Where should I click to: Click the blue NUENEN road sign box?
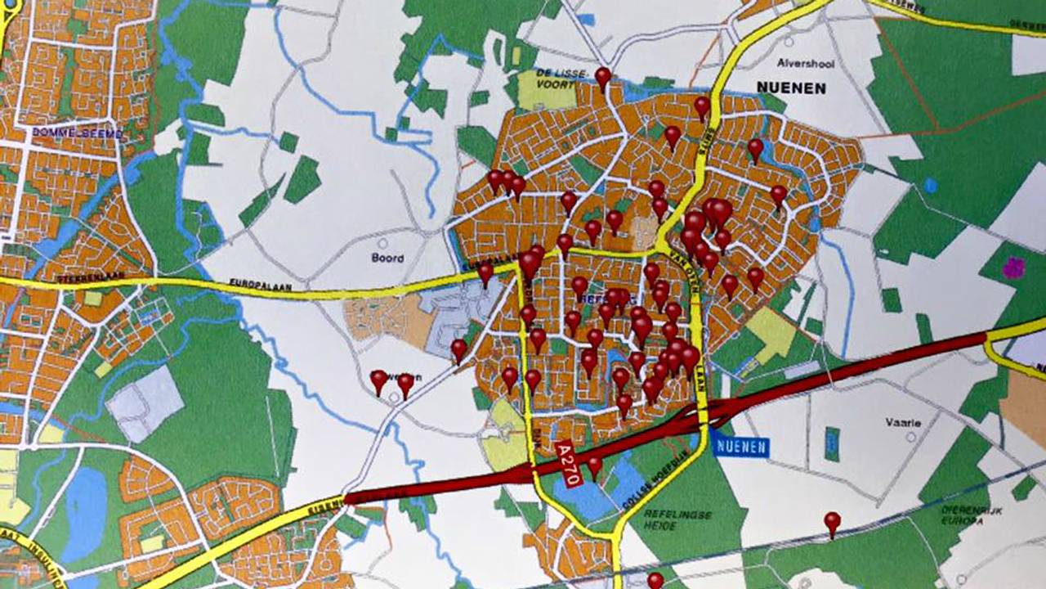pos(740,447)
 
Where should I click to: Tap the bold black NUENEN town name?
pos(791,88)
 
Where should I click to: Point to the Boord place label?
pos(388,259)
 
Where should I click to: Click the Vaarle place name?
pos(903,423)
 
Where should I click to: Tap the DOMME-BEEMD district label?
pos(78,133)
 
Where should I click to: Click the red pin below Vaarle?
pos(832,521)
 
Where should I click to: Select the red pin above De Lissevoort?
pos(603,77)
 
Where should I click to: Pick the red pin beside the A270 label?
pos(594,465)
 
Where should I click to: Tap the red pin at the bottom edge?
pos(655,579)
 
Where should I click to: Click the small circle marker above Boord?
pos(382,243)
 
